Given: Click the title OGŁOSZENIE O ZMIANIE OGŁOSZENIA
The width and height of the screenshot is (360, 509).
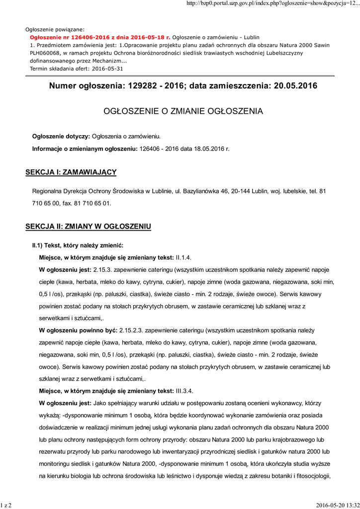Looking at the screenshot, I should pos(182,111).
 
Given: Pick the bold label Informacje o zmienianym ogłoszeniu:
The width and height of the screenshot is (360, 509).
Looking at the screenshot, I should pos(85,149).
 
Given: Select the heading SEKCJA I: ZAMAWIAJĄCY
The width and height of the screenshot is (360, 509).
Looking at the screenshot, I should pos(71,172).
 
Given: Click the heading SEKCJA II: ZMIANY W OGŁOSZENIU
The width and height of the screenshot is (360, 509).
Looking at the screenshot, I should pos(88,227).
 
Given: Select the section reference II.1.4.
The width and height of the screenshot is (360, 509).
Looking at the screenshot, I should pos(184,257).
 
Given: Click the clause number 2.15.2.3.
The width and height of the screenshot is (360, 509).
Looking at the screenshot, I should pos(134,330).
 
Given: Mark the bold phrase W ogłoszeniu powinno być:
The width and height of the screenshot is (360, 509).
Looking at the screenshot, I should pos(78,330).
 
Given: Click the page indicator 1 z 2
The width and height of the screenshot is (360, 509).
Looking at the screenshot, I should pos(6,505).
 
